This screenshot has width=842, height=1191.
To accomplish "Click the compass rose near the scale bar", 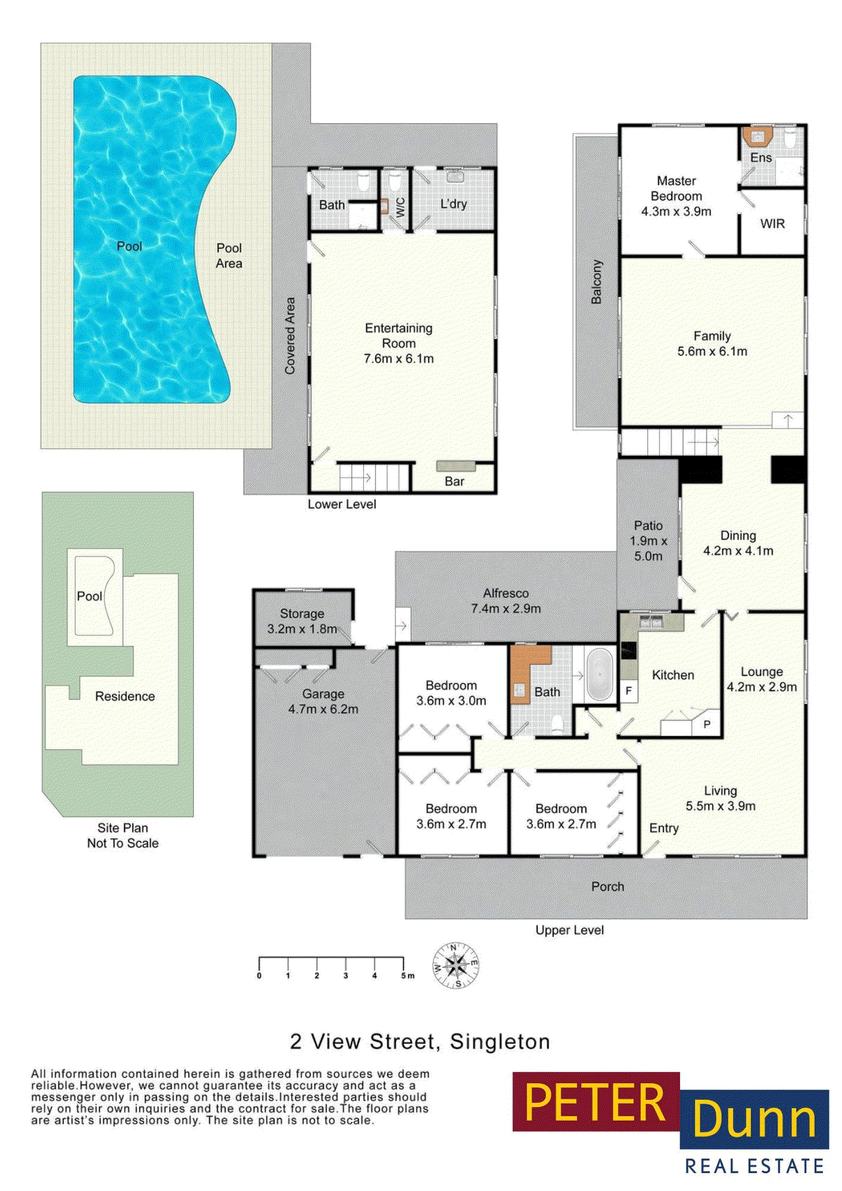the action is tap(455, 965).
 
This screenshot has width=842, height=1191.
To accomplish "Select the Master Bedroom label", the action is tap(676, 188).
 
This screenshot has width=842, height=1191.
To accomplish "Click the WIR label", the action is tap(772, 224).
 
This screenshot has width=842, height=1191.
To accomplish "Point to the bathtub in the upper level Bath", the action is tap(599, 674).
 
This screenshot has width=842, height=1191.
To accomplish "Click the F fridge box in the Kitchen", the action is tap(628, 691).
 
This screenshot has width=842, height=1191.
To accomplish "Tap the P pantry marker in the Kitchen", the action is tap(707, 724).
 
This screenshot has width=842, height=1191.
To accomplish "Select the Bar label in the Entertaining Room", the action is tap(454, 482).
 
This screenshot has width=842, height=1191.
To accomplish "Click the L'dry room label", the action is tap(453, 204).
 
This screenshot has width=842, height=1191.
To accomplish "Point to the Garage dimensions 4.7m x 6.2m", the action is tap(323, 709).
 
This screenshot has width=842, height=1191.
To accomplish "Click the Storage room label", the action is tap(302, 613).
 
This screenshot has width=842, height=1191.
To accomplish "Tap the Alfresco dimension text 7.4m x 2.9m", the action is tap(506, 609).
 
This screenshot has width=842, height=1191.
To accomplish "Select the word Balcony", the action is tap(597, 282).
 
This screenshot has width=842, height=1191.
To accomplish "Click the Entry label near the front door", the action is tap(664, 828).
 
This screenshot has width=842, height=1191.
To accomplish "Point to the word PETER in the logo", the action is tap(595, 1102).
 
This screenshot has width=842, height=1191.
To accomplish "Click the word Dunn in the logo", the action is tap(754, 1117).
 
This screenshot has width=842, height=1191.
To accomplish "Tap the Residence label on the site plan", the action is tap(125, 696).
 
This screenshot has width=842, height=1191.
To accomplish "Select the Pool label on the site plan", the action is tap(89, 596).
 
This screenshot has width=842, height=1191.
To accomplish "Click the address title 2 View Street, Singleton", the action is tap(420, 1042).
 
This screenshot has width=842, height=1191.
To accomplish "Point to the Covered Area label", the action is tap(289, 336).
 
